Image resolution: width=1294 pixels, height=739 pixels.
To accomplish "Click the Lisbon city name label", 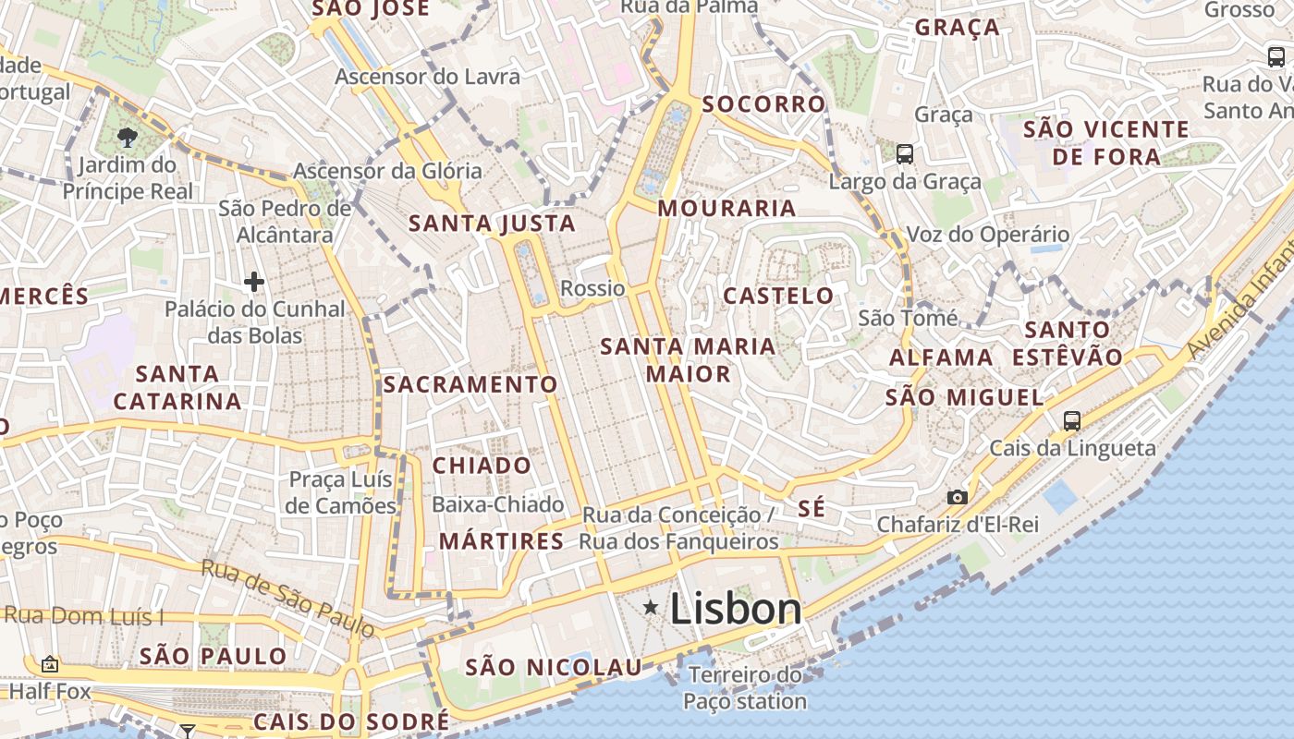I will [x=736, y=609].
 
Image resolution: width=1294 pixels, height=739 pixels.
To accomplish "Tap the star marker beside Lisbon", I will [x=652, y=607].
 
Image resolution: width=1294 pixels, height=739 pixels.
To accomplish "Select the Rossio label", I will [x=592, y=288].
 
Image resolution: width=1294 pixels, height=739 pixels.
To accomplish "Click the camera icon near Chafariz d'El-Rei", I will [x=958, y=497].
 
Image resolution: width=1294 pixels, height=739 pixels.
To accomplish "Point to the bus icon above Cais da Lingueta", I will [x=1072, y=421].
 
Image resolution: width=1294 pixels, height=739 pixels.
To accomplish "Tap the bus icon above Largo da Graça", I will [x=905, y=154].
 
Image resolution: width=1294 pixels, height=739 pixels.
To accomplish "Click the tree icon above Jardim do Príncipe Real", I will [x=128, y=139].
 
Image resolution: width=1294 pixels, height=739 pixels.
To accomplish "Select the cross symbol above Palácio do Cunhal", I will [x=254, y=281].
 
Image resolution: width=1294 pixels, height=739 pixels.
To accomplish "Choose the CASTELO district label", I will [x=778, y=296].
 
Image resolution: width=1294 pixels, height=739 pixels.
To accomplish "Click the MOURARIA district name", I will [x=726, y=209].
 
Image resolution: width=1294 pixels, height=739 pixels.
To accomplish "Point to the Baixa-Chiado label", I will [x=498, y=504].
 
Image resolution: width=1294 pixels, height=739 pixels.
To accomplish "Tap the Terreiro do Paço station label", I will [x=745, y=688].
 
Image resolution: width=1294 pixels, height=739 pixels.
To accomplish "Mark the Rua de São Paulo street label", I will [x=288, y=598].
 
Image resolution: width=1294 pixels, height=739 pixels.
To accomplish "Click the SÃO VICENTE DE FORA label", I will [x=1106, y=142].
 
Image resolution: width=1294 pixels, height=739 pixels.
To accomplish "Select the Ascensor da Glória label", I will [x=387, y=171].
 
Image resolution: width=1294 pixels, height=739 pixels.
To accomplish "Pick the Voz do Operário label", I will [x=988, y=235].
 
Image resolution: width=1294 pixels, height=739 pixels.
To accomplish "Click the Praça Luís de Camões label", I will [x=341, y=492].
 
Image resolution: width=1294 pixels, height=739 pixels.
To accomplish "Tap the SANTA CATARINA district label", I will [x=177, y=387].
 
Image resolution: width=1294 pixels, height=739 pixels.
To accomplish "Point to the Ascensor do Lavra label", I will [x=427, y=77].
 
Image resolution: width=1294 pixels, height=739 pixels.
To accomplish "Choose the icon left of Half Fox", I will [x=49, y=664].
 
